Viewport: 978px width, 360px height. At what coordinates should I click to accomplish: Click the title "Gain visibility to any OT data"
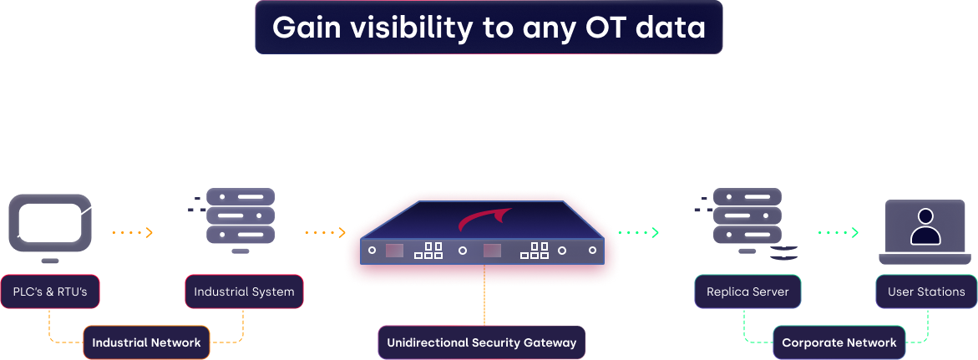tap(489, 28)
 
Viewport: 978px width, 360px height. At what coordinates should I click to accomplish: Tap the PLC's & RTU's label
tap(50, 292)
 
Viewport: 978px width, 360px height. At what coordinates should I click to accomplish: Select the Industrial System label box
tap(244, 292)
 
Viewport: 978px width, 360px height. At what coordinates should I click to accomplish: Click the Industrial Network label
tap(147, 342)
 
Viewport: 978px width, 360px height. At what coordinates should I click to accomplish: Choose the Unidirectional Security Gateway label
tap(482, 342)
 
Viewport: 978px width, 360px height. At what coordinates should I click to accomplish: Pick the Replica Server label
tap(747, 292)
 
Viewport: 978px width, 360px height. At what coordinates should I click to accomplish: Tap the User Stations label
tap(926, 292)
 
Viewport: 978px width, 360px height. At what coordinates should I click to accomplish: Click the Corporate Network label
tap(839, 342)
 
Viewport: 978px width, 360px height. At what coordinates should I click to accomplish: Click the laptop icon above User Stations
tap(925, 231)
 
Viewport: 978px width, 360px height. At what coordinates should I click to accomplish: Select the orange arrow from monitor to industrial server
tap(133, 233)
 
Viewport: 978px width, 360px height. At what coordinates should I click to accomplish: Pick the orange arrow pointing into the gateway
tap(326, 233)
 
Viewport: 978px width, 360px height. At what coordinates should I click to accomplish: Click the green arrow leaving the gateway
tap(639, 233)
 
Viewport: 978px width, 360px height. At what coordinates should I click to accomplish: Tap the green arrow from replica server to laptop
tap(839, 233)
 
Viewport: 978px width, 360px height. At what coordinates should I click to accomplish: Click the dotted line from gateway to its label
tap(484, 295)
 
